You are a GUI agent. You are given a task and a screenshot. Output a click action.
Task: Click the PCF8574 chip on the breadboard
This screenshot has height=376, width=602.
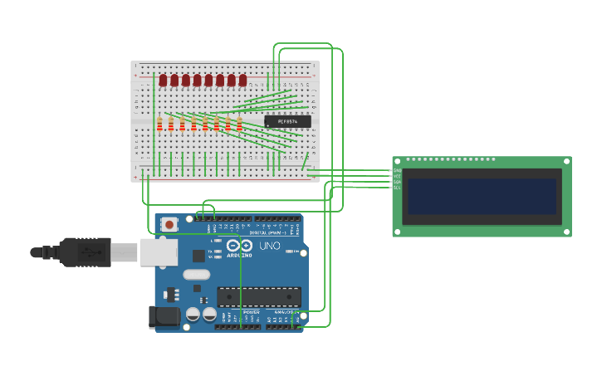tap(287, 121)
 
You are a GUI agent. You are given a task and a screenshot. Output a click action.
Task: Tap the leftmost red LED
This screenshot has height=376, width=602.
tap(164, 81)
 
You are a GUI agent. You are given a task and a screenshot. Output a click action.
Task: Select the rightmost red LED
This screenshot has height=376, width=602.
tap(242, 81)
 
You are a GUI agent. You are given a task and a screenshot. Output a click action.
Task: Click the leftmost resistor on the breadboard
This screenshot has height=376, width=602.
tap(159, 124)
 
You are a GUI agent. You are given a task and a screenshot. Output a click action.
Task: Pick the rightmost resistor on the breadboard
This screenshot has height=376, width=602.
tap(239, 124)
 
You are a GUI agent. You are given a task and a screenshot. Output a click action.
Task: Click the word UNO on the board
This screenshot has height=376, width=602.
tap(270, 246)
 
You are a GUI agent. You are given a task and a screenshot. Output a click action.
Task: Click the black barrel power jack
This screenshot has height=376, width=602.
tap(163, 316)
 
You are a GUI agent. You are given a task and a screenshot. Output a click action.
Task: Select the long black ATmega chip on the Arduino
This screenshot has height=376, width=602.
tap(259, 296)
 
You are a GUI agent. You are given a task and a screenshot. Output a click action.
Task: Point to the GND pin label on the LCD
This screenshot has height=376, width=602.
tap(397, 170)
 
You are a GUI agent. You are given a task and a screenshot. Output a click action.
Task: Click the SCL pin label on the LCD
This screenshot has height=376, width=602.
tap(397, 188)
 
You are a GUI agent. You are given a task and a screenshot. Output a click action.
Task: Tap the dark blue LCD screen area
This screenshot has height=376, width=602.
tap(482, 197)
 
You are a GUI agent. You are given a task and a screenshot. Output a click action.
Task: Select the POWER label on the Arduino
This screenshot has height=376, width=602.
tap(251, 312)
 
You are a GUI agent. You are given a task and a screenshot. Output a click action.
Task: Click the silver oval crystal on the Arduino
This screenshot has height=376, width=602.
tap(197, 275)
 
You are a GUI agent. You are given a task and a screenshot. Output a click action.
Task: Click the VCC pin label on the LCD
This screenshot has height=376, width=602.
tap(397, 176)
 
